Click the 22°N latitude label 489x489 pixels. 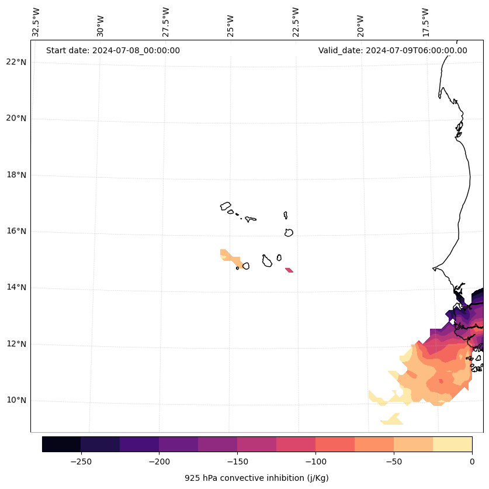(x=16, y=62)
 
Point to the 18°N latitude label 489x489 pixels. (x=16, y=175)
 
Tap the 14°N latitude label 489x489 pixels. (x=16, y=287)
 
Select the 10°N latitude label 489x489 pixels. (x=16, y=400)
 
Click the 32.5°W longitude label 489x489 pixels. (x=36, y=22)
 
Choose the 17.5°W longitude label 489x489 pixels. (x=425, y=22)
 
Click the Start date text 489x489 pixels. (x=113, y=50)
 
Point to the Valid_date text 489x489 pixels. (x=393, y=50)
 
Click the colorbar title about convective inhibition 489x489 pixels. (x=256, y=478)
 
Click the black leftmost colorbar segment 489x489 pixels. (x=61, y=444)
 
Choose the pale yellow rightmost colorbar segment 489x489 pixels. (x=452, y=444)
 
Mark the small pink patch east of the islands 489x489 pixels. (x=289, y=270)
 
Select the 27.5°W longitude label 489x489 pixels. (x=166, y=22)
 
